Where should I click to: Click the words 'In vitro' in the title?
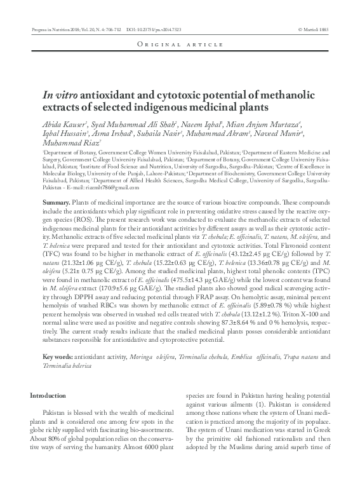58,94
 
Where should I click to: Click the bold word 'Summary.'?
57,200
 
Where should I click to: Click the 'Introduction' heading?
48,396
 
